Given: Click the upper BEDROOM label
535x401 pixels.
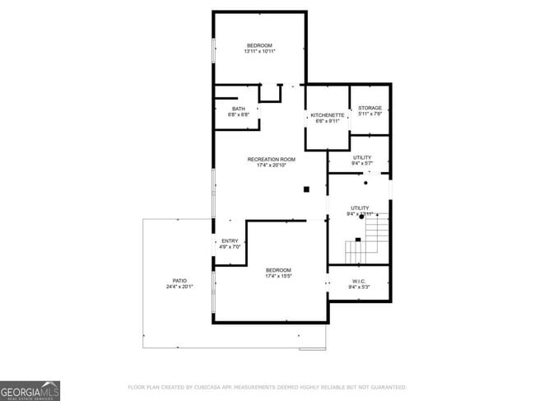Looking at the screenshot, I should [259, 45].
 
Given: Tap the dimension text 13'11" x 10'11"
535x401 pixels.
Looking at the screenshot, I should [259, 52].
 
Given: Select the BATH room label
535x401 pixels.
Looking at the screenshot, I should [238, 109].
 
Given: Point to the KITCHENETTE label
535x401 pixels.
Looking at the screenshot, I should [327, 115].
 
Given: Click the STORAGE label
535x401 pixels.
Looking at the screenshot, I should [370, 108].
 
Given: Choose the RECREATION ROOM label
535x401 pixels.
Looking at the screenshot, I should [271, 159].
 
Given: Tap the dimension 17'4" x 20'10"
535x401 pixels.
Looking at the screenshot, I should [271, 166].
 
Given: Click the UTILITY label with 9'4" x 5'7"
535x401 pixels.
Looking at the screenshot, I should [361, 157].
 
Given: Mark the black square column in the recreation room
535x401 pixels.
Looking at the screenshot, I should [306, 189].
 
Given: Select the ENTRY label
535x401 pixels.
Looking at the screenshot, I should [230, 240].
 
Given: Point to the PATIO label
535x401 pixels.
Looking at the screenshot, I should [179, 281].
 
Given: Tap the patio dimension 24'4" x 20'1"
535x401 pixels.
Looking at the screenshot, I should [179, 287].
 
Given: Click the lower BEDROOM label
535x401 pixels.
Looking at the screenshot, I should [277, 270].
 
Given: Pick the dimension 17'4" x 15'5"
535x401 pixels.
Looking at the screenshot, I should [277, 277].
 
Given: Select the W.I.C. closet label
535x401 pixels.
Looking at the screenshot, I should [360, 281].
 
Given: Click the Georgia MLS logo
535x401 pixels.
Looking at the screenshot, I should [30, 390].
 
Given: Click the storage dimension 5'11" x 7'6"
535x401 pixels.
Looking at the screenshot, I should [370, 114].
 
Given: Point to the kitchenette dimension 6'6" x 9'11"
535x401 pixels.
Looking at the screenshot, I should [327, 122].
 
